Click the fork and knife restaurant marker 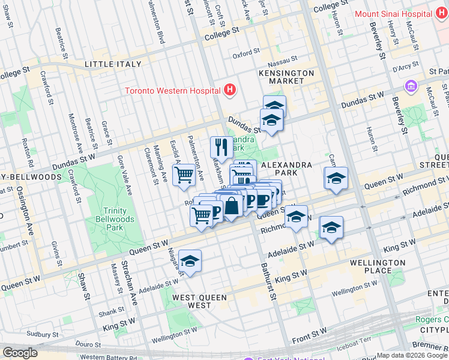pyautogui.click(x=221, y=146)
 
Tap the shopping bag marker pyautogui.click(x=231, y=206)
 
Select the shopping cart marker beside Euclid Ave pyautogui.click(x=184, y=175)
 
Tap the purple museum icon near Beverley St pyautogui.click(x=411, y=86)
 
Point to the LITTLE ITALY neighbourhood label pyautogui.click(x=113, y=64)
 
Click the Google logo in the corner pyautogui.click(x=20, y=353)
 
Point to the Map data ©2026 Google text pyautogui.click(x=411, y=355)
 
